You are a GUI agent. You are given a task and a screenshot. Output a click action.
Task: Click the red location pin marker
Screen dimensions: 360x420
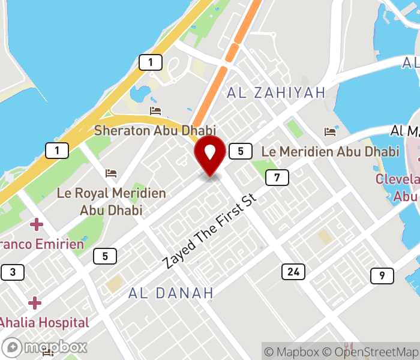point(210,154)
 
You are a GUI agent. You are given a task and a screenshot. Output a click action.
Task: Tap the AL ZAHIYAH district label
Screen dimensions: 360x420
point(276,92)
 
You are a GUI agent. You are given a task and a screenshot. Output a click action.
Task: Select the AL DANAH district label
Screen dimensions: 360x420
point(171,293)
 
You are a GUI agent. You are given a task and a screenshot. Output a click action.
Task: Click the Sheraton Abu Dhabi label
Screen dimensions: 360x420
point(155,130)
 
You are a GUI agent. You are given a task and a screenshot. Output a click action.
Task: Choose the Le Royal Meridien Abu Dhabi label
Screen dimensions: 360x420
point(111,202)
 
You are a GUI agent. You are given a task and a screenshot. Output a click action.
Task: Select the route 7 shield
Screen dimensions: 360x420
point(277,178)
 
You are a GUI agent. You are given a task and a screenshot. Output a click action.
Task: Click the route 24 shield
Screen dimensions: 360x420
point(293,272)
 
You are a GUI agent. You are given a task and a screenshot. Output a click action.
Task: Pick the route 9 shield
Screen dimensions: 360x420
point(382,276)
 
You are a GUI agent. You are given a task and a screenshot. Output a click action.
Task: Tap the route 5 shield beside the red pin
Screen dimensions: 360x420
point(241,151)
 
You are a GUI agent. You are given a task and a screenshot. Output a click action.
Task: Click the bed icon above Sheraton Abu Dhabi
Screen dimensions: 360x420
point(155,111)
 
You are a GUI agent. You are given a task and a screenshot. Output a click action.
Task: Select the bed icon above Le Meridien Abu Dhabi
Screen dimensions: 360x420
point(329,131)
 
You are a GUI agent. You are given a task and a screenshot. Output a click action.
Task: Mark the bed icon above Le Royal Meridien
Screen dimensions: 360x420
point(111,173)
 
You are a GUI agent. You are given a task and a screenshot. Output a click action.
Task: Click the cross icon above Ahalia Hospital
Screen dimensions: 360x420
point(35,303)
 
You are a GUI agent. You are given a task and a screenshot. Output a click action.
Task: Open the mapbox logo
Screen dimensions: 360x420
point(45,347)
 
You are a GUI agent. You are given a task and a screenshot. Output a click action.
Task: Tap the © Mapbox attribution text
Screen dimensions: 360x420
point(292,352)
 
